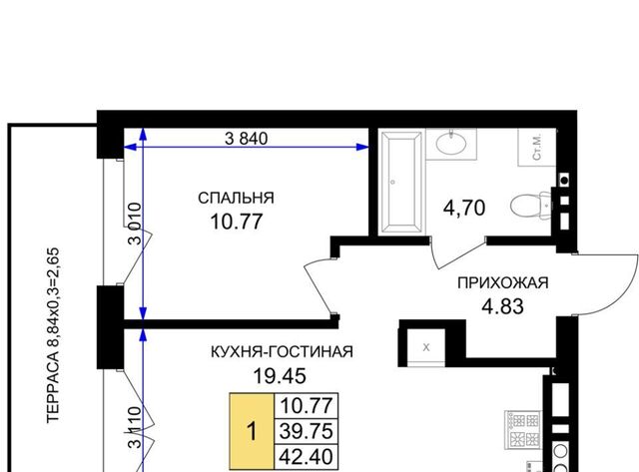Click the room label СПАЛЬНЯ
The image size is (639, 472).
click(236, 198)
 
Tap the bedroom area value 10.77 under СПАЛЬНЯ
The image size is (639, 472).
click(237, 222)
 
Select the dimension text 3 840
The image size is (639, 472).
click(247, 139)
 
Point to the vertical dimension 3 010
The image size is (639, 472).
click(135, 224)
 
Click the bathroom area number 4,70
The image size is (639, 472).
click(464, 209)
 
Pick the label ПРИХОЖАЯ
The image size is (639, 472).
click(503, 282)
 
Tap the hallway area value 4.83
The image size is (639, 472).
click(502, 306)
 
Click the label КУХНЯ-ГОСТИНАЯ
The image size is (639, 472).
click(282, 351)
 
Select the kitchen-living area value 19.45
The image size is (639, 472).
click(280, 376)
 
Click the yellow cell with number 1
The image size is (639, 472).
click(252, 431)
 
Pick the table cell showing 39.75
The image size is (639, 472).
click(307, 431)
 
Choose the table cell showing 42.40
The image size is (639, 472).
click(307, 456)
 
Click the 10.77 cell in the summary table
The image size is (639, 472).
click(307, 406)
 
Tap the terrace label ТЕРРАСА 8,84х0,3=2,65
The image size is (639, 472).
click(53, 335)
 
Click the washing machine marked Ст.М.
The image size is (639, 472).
click(536, 148)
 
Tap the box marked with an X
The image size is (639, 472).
click(426, 347)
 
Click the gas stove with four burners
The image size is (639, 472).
click(522, 430)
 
